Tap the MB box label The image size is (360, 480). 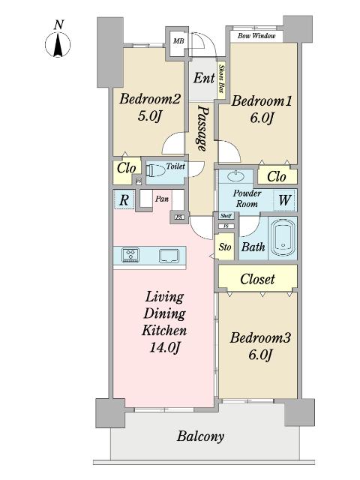(x=178, y=40)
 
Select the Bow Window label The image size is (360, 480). (x=256, y=35)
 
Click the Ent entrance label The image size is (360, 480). (x=203, y=78)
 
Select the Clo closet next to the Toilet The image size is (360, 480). (x=125, y=169)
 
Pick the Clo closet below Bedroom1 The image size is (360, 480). (x=276, y=177)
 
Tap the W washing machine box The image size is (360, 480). (x=285, y=200)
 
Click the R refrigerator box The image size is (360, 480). (x=124, y=199)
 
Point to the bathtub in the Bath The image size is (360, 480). (x=282, y=238)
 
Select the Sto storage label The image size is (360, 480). (x=225, y=246)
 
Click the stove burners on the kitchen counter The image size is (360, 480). (x=130, y=255)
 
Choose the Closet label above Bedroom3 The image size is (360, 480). (x=257, y=279)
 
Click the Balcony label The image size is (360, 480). (x=200, y=436)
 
